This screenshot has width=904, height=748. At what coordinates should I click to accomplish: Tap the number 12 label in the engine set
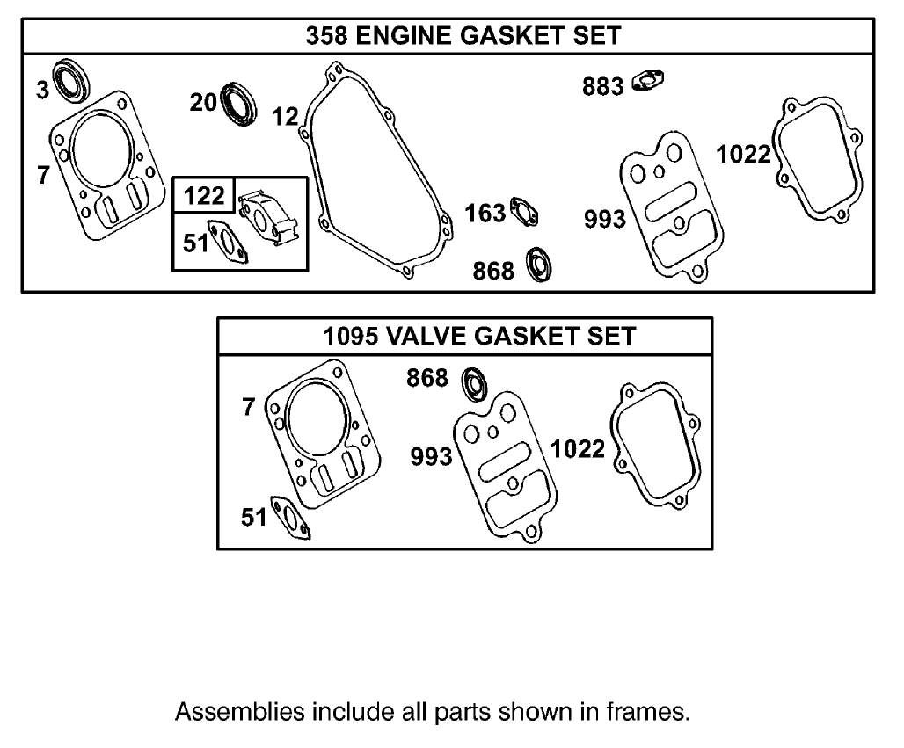tap(285, 116)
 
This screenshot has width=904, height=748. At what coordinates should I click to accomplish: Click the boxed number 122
tap(205, 195)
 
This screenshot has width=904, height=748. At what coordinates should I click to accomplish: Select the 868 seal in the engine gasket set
tap(537, 265)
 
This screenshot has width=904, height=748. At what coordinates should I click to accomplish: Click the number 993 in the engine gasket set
tap(605, 220)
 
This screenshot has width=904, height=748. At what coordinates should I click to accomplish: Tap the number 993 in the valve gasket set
tap(432, 457)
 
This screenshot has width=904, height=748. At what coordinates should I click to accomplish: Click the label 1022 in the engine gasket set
tap(743, 155)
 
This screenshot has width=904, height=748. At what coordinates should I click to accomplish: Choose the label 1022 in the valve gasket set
tap(578, 450)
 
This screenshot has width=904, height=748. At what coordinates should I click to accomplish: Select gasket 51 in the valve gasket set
tap(289, 518)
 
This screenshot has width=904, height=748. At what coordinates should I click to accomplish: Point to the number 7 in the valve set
tap(248, 407)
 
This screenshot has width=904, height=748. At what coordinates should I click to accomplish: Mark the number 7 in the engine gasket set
tap(43, 176)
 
